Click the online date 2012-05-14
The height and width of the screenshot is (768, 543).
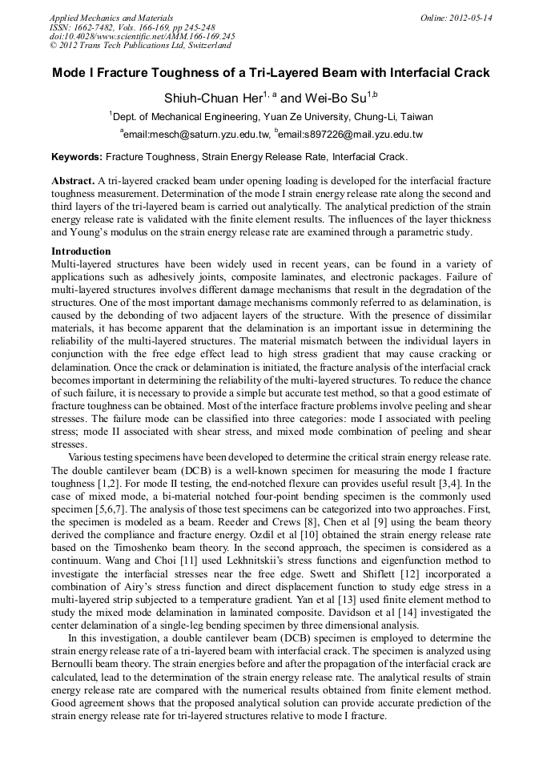coord(471,17)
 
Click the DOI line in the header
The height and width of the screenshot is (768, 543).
coord(142,36)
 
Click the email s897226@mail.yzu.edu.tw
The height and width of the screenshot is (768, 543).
coord(351,134)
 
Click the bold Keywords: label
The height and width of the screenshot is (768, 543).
coord(77,156)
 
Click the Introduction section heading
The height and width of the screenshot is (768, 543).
coord(81,251)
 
